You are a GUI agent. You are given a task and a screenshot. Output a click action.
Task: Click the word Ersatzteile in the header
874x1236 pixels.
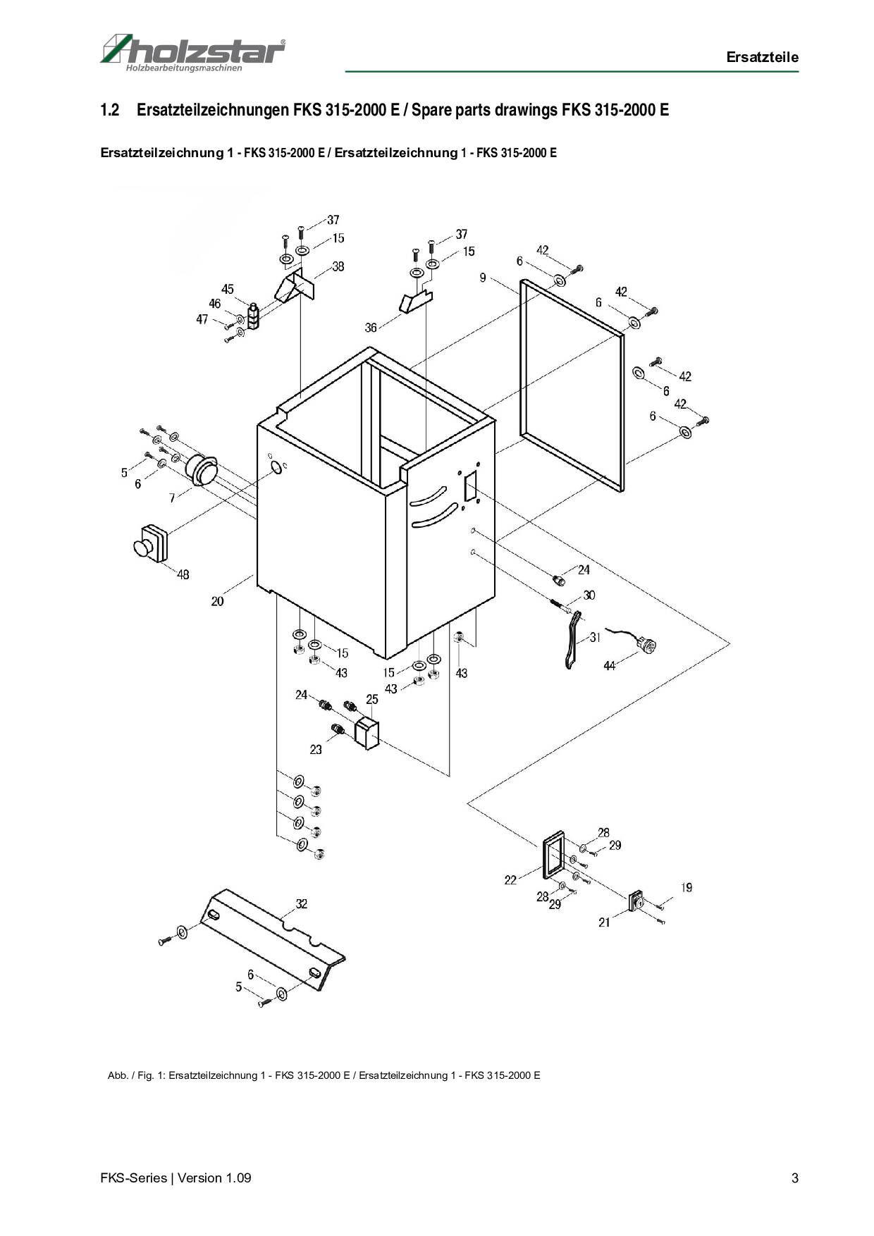(x=762, y=58)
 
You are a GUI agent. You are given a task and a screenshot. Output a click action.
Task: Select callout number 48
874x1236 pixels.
(x=183, y=574)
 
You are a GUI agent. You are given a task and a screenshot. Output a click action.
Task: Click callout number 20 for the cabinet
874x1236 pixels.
(x=217, y=601)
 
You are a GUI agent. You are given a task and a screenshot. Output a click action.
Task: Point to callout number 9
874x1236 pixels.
(x=483, y=278)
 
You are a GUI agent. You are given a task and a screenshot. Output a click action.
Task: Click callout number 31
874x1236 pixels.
(x=596, y=637)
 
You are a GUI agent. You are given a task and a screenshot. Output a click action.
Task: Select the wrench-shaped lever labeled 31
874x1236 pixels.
(x=572, y=639)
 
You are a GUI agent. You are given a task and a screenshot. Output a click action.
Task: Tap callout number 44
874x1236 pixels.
(x=610, y=665)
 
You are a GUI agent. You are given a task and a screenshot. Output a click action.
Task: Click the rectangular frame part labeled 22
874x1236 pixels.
(x=553, y=855)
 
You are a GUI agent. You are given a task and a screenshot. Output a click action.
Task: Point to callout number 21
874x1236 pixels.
(x=604, y=922)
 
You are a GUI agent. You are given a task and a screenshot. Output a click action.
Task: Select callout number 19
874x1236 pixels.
(x=686, y=887)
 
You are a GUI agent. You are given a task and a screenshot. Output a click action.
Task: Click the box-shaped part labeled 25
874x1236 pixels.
(x=367, y=732)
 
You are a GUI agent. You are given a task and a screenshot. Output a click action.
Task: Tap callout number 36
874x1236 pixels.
(x=371, y=327)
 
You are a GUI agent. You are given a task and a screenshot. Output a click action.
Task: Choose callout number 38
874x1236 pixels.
(x=338, y=266)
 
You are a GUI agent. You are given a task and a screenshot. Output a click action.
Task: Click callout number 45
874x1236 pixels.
(x=228, y=289)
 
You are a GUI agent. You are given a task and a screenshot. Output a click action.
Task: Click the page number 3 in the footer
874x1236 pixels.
(x=795, y=1178)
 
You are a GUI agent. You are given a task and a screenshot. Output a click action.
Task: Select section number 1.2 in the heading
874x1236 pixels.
(x=110, y=110)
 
